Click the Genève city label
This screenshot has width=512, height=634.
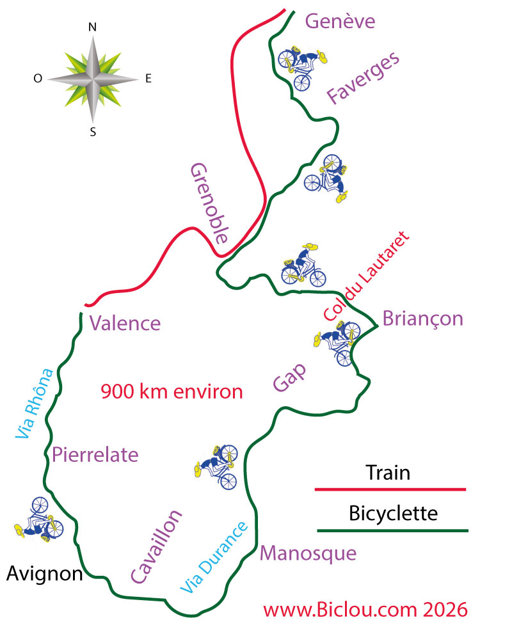click(x=340, y=21)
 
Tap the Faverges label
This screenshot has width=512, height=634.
click(x=363, y=79)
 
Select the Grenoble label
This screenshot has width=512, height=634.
click(x=209, y=203)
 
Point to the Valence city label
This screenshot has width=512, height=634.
click(x=125, y=323)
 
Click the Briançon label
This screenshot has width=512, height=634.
click(x=422, y=319)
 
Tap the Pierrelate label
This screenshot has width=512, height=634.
click(x=95, y=455)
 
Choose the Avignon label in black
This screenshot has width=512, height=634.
click(x=45, y=573)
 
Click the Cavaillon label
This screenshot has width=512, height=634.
click(x=157, y=546)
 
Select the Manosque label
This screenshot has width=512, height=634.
click(x=308, y=553)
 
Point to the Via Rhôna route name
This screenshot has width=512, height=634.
click(x=34, y=404)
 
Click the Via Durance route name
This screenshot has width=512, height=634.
click(x=214, y=557)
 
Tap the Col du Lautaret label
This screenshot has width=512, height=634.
click(x=367, y=276)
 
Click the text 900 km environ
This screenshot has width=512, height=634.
click(x=172, y=392)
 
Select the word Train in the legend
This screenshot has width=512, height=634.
click(x=388, y=473)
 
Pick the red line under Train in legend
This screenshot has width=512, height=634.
click(x=390, y=489)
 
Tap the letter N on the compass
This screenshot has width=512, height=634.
click(x=93, y=27)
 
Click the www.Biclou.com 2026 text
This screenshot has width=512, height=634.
click(x=365, y=610)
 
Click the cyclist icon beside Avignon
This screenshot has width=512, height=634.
click(x=39, y=520)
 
